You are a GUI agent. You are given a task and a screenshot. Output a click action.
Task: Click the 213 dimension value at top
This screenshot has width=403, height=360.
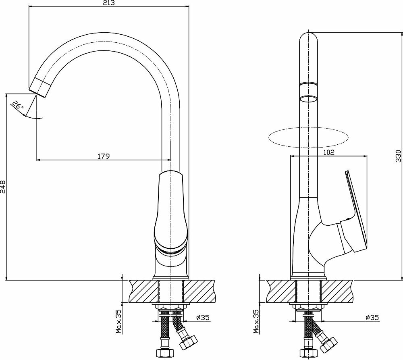click(x=108, y=3)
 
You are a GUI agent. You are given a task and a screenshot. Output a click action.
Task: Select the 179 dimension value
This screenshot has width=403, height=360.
click(x=104, y=156)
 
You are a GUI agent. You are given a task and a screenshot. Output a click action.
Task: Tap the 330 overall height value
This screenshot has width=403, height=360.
click(x=399, y=156)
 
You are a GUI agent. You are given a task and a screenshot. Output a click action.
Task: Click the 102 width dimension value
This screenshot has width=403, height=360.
click(x=329, y=152)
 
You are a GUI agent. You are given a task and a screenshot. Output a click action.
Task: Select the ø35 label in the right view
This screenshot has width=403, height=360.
click(x=372, y=318)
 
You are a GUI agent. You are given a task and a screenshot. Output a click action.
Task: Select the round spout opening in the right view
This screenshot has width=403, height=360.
click(x=309, y=99)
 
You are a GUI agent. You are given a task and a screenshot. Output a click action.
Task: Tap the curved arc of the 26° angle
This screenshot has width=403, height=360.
click(x=32, y=117)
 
